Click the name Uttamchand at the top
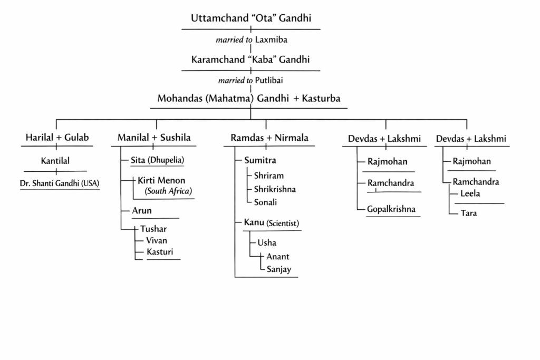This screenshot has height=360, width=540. pos(215,18)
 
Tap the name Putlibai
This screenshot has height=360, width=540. pos(273,81)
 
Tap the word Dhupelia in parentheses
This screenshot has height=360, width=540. pos(170,160)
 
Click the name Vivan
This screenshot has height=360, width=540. pos(157,240)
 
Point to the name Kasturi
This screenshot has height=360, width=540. pos(160,252)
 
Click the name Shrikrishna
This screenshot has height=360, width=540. pos(275,189)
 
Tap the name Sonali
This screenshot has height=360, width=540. pos(265,202)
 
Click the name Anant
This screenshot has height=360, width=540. pos(278,257)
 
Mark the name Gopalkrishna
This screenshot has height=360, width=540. pos(391,209)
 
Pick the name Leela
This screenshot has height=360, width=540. pos(470,194)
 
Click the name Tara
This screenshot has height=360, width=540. pos(468,213)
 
